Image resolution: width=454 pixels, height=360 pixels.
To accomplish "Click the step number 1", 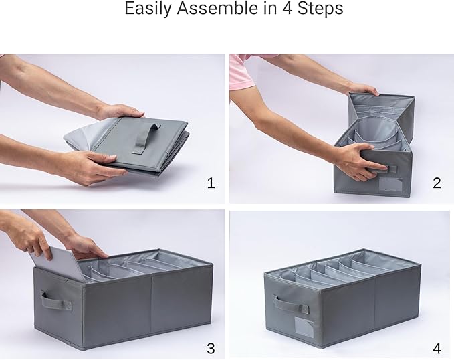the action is coord(211,183).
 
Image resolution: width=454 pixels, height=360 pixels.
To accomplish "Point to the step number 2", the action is coord(437,183).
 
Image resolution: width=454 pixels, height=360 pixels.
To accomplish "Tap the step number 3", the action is coord(211,348).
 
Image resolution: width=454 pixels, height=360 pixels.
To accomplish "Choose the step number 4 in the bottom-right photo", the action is coord(437,348).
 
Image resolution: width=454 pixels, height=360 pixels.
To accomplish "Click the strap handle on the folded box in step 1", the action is coord(146,139).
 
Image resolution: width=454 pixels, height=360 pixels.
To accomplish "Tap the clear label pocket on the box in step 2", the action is coord(391,184).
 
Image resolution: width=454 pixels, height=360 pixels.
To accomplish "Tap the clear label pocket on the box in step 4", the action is coord(304,327).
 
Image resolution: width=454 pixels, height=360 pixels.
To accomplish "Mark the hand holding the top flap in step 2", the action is coord(362,88).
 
